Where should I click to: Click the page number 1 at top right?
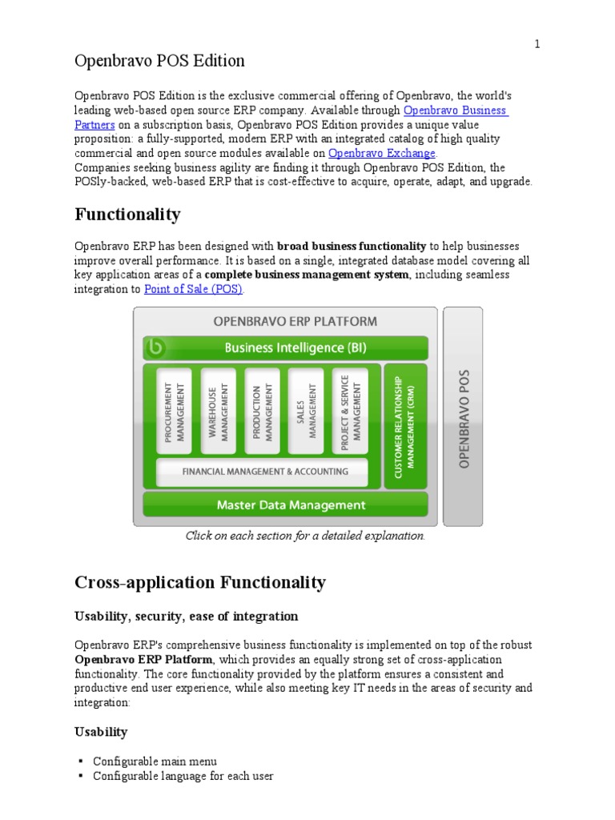click(538, 45)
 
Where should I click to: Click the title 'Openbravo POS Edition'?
click(159, 61)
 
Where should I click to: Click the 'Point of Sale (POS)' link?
click(193, 289)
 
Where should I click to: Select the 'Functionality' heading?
click(127, 215)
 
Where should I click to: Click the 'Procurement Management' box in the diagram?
click(174, 411)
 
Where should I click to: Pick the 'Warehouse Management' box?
click(218, 411)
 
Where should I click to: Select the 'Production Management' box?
click(262, 411)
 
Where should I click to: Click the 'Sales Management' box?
click(306, 411)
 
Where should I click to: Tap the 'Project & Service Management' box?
click(350, 411)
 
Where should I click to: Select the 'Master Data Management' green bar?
click(284, 505)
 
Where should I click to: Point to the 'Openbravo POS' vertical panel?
click(463, 416)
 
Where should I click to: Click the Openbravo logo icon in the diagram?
click(156, 348)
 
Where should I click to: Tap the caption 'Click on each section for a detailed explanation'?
click(305, 536)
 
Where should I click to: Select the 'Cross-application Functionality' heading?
click(200, 582)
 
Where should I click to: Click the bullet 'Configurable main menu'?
click(155, 761)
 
